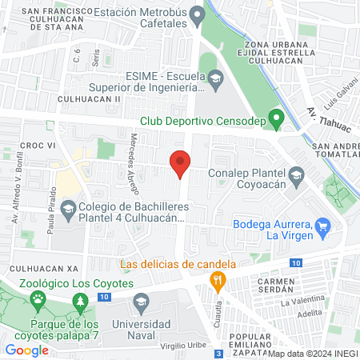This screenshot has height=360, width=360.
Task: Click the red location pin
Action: pos(180,162)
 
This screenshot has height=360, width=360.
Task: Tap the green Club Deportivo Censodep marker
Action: pos(276,122)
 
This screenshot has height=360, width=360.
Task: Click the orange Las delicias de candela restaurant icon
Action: pos(215,280)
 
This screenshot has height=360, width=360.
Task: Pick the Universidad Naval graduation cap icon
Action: pos(141,302)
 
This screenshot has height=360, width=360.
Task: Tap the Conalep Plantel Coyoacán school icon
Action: pos(296,174)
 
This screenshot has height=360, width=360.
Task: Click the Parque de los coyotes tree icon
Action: pos(79,302)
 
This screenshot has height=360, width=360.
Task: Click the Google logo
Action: pos(27,350)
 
